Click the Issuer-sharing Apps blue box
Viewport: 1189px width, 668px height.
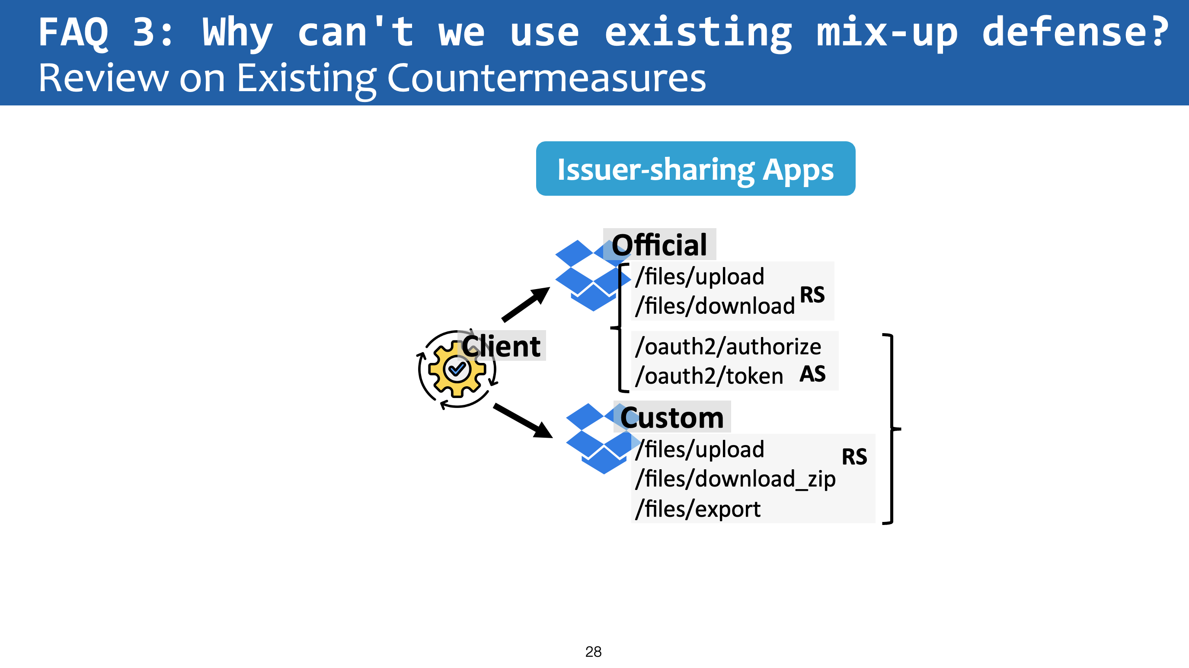pos(696,169)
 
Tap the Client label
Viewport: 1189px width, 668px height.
pos(501,346)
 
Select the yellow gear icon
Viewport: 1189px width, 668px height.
pos(457,369)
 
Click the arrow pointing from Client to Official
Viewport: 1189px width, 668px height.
pos(526,304)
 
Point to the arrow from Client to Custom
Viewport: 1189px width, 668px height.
pos(523,420)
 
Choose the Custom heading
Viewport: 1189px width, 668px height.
pos(672,417)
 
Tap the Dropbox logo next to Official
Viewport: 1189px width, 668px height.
pos(593,275)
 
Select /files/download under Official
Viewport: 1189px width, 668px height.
pos(715,306)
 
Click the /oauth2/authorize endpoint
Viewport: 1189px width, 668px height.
pos(728,347)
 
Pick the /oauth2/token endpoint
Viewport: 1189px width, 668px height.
pos(709,376)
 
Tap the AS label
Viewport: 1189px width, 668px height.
pos(812,374)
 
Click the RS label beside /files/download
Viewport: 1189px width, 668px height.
pos(812,295)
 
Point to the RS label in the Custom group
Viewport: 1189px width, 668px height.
pos(854,457)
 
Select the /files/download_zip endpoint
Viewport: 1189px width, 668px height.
pos(735,479)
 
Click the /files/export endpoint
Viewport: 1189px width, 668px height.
pos(697,509)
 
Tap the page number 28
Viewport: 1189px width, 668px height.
pos(593,652)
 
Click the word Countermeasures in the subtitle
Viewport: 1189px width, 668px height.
pos(547,77)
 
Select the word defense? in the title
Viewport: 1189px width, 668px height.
pos(1075,32)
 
